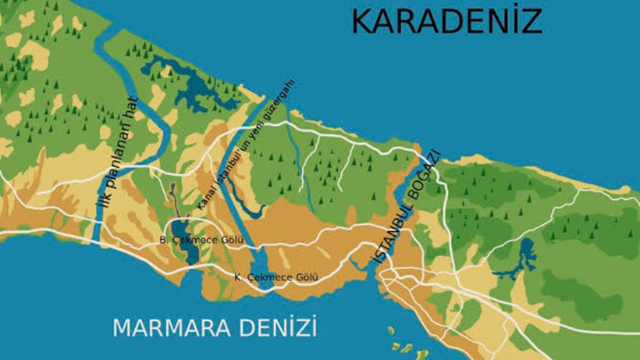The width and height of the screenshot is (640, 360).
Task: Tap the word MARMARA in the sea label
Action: point(164,328)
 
